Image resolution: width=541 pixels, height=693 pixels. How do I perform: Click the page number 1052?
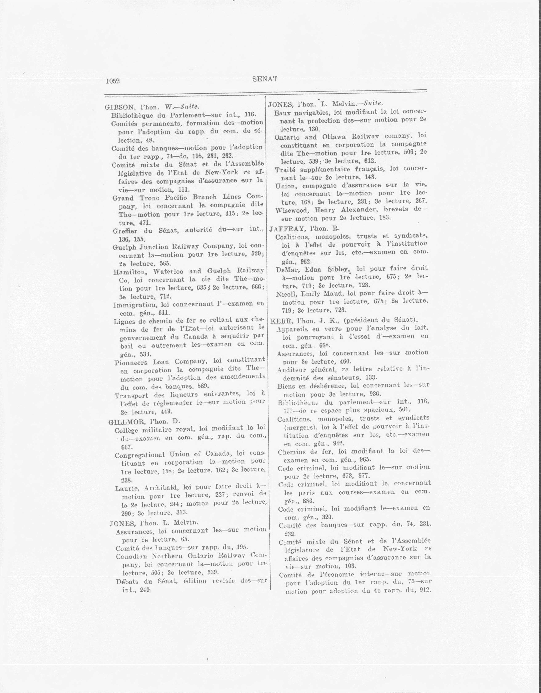tap(113, 81)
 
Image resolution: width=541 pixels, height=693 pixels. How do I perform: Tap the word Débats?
tap(127, 581)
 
